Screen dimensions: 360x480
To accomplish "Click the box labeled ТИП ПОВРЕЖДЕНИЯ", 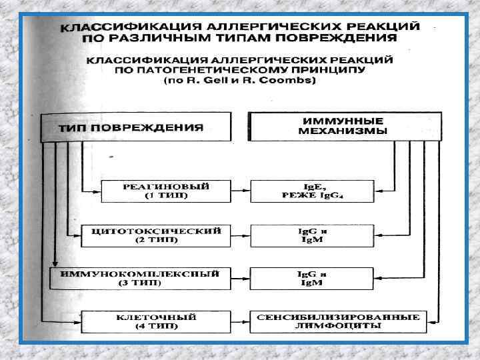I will click(x=136, y=127).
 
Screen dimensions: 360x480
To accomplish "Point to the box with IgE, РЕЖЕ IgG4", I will click(x=309, y=191).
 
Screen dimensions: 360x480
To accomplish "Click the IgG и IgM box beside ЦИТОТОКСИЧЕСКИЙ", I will click(x=309, y=235).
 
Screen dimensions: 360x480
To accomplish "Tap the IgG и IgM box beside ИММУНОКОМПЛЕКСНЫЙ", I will click(x=309, y=278).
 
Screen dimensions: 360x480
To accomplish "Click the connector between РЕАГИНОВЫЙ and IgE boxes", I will click(x=239, y=191).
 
